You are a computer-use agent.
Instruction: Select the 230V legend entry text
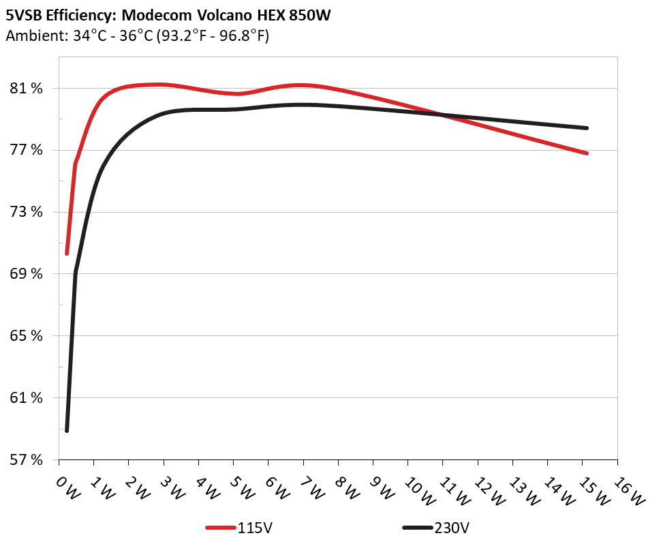coord(452,528)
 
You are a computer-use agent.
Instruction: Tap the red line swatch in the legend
coord(221,528)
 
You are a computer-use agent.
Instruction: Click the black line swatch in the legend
coord(417,528)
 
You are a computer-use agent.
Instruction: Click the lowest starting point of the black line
coord(67,431)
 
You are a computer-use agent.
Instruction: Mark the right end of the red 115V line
coord(587,153)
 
